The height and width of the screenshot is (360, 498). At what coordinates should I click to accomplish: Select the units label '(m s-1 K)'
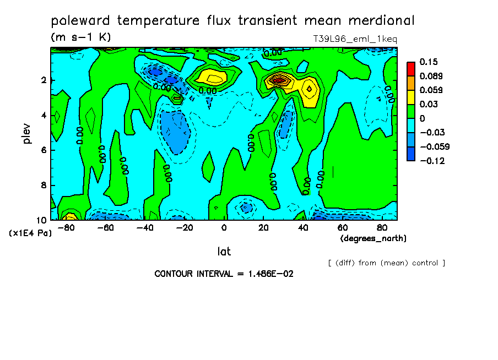(x=81, y=37)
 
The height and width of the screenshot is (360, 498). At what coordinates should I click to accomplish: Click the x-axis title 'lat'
(x=224, y=252)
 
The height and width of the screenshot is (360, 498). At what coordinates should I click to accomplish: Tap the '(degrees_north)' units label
(x=373, y=238)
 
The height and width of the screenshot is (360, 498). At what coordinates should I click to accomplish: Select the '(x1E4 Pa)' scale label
(x=30, y=233)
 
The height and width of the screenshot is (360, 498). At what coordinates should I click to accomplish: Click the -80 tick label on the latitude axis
(x=67, y=227)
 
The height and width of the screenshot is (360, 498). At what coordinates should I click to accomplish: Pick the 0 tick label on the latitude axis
(x=224, y=227)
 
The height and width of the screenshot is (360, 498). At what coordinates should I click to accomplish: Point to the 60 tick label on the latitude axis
(x=342, y=227)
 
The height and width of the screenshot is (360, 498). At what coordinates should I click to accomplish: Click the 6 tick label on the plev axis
(x=43, y=150)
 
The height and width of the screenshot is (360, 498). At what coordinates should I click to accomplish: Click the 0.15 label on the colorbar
(x=428, y=61)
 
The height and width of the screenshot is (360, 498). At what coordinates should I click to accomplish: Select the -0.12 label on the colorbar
(x=432, y=161)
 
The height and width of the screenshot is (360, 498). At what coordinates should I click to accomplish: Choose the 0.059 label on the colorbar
(x=431, y=90)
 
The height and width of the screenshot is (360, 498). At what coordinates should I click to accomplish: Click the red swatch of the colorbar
(x=411, y=68)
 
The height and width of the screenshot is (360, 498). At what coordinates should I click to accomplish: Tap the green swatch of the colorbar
(x=411, y=111)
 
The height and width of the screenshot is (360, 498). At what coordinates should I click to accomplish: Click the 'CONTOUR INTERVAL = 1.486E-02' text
(x=224, y=274)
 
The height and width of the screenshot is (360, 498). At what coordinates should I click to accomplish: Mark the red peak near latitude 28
(x=279, y=80)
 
